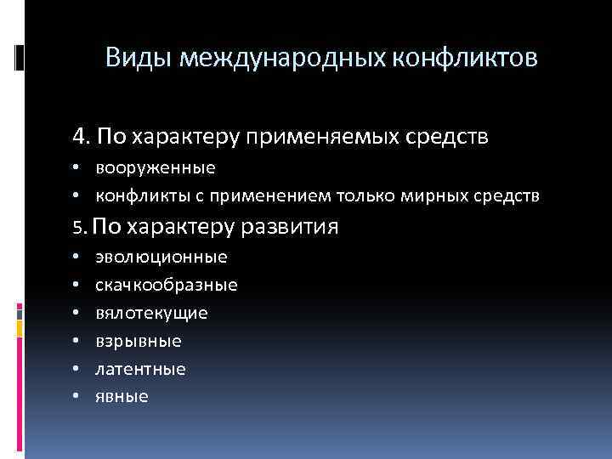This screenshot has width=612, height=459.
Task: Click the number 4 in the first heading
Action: tap(78, 136)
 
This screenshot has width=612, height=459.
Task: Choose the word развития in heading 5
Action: tap(290, 228)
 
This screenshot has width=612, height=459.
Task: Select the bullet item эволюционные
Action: tap(161, 257)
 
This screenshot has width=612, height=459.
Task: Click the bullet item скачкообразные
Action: tap(166, 285)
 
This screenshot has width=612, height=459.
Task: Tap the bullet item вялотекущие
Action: tap(151, 313)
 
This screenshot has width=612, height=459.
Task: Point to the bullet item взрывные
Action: tap(138, 341)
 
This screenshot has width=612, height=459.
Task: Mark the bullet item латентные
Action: tap(140, 369)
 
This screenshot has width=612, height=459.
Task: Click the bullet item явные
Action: tap(122, 396)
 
